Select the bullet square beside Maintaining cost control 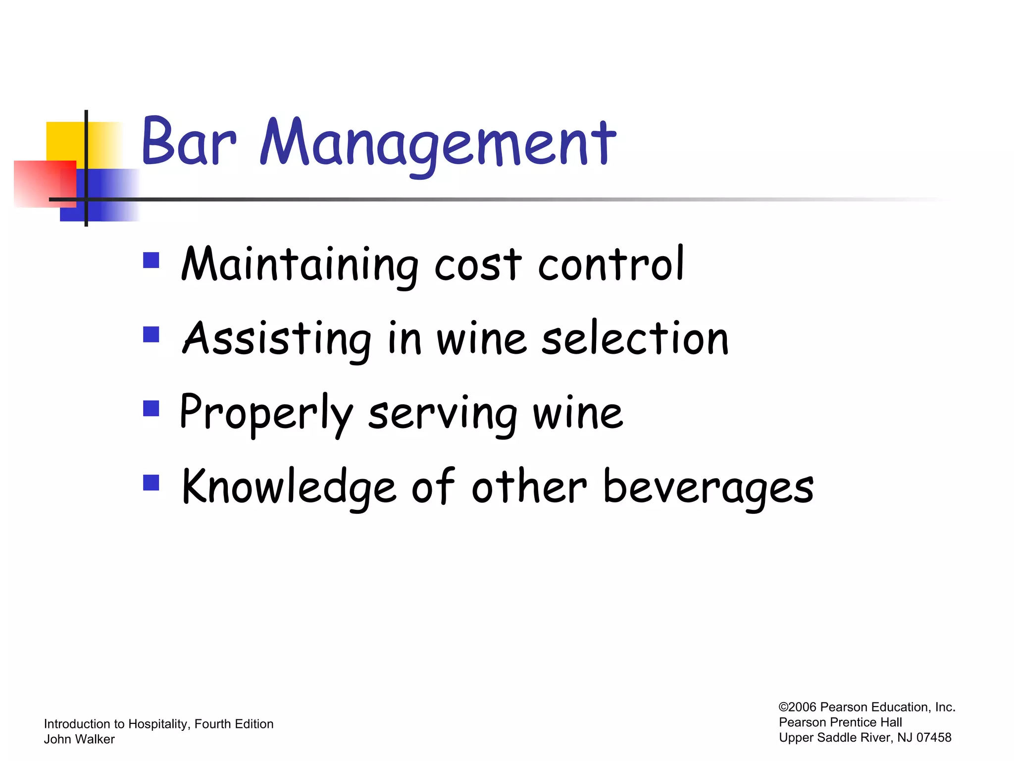coord(151,260)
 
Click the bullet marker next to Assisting coord(151,334)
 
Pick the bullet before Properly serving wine coord(151,409)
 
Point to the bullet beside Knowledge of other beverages coord(151,483)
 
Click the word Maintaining coord(300,265)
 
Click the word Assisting coord(277,340)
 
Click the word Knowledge coord(289,488)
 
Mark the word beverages coord(709,488)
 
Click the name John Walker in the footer coord(79,739)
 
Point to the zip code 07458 coord(934,738)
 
